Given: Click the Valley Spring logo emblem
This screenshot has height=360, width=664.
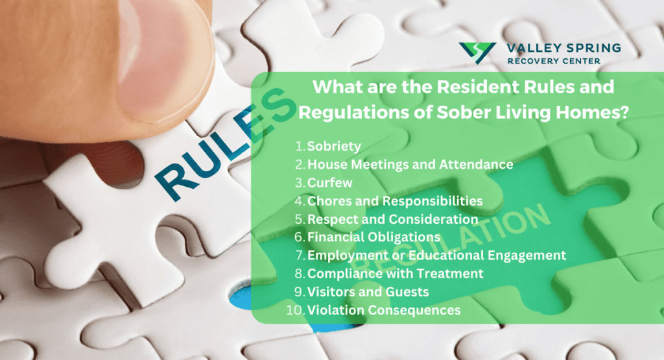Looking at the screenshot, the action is [x=477, y=53].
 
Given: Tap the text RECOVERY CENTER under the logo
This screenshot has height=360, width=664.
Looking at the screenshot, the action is [x=554, y=61].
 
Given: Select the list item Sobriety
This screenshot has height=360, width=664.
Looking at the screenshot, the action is [x=334, y=146].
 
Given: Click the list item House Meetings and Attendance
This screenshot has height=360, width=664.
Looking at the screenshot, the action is [x=410, y=164].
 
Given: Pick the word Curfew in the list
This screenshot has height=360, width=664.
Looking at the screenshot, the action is [x=329, y=182].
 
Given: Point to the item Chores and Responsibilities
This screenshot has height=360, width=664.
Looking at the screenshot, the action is [x=395, y=200].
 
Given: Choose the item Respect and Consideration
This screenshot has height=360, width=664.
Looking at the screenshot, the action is [x=392, y=219].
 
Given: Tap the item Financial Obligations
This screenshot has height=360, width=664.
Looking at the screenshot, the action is [x=373, y=237].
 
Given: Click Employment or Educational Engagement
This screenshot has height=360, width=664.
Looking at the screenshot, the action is [x=436, y=256].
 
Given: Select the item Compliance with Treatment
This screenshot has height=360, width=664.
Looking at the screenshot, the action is [x=395, y=274].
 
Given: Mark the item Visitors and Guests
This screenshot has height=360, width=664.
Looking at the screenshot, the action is [x=368, y=292].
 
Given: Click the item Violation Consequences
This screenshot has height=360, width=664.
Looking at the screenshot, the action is [x=384, y=310].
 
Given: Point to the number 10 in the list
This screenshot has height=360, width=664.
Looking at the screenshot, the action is [x=294, y=310].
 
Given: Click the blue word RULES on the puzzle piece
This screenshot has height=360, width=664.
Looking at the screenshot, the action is [x=224, y=144].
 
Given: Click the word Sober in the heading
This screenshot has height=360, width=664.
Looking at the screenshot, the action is [x=464, y=112].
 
